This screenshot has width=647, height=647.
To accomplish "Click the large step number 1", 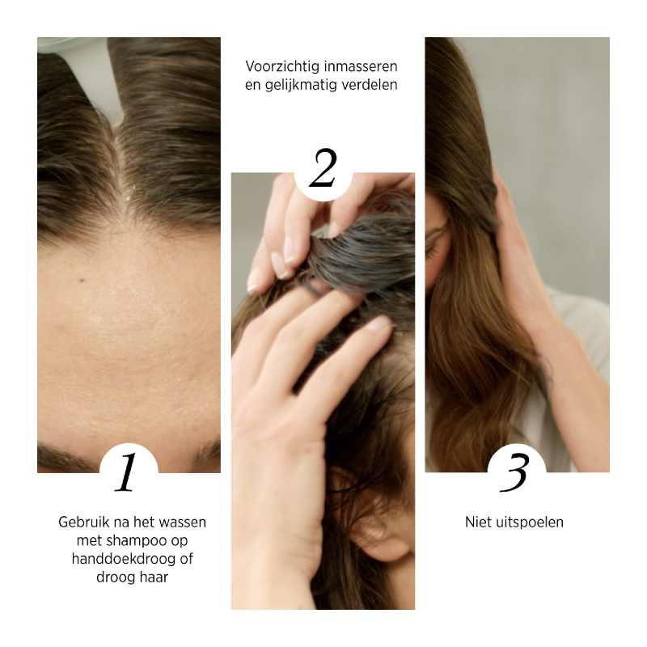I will click(x=126, y=473).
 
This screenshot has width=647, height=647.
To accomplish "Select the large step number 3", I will click(x=515, y=473).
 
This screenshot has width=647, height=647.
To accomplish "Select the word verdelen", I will click(x=370, y=84).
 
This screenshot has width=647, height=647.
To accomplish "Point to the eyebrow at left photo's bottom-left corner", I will click(x=61, y=458).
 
